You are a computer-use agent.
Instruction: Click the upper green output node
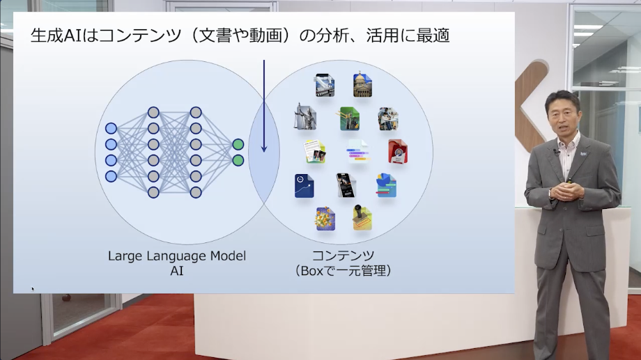coord(238,144)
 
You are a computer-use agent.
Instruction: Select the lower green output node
coord(238,160)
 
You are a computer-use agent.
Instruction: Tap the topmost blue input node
coord(111,128)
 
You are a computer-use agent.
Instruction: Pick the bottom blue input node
coord(111,176)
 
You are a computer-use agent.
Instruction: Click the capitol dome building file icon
coord(362,84)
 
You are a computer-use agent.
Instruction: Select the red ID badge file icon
coord(398,151)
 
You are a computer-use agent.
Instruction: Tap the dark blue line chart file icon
coord(304,186)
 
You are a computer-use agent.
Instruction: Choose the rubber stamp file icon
coord(362,218)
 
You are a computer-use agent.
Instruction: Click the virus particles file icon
coord(325,219)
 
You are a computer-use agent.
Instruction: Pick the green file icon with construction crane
coord(348,118)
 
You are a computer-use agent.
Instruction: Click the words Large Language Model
coord(176,256)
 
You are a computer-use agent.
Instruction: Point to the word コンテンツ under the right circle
coord(343,256)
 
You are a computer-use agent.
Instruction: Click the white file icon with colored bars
coord(357,150)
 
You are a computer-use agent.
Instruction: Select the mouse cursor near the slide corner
coord(32,288)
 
